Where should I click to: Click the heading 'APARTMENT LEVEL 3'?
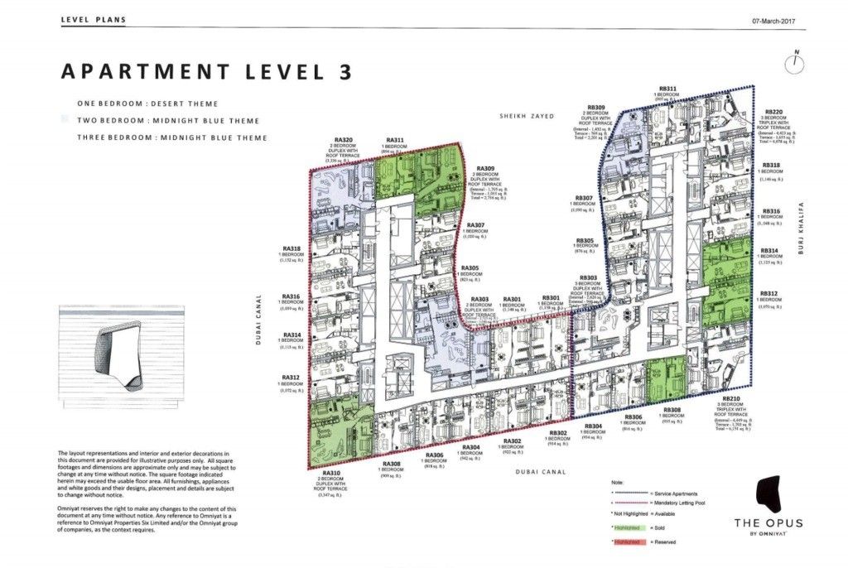tap(207, 71)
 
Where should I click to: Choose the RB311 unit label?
tap(667, 88)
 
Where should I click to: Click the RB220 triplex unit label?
tap(773, 111)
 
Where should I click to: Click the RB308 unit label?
tap(671, 411)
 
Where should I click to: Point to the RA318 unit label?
tap(291, 248)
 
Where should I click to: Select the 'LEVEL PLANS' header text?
tap(94, 19)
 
